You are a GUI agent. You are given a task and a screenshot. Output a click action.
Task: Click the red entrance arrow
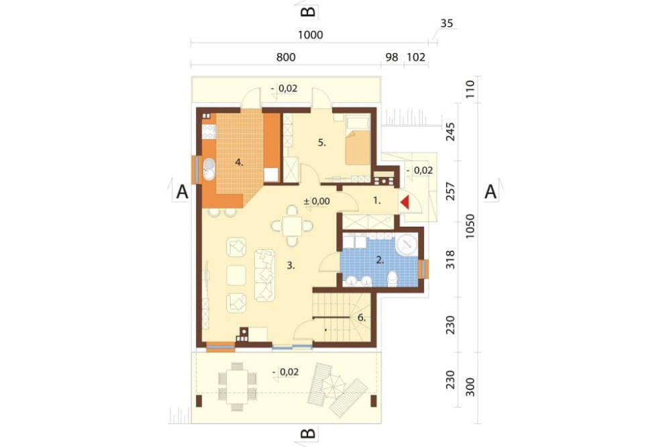pyautogui.click(x=405, y=202)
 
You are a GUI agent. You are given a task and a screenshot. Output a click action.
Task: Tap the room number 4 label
pyautogui.click(x=240, y=162)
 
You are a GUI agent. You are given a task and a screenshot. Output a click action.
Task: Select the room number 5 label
pyautogui.click(x=322, y=143)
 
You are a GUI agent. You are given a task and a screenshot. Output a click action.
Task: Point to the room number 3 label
pyautogui.click(x=291, y=266)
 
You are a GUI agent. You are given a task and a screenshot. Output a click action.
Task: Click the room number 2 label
pyautogui.click(x=380, y=260)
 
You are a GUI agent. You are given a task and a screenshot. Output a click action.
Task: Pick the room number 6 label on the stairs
pyautogui.click(x=362, y=317)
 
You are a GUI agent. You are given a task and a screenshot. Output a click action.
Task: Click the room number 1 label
pyautogui.click(x=377, y=200)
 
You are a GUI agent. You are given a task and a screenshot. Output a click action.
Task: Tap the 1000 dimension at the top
pyautogui.click(x=310, y=35)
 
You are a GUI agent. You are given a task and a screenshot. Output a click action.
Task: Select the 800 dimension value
pyautogui.click(x=286, y=57)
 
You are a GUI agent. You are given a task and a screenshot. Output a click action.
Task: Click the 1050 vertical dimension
pyautogui.click(x=470, y=226)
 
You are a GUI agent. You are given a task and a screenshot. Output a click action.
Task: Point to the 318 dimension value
pyautogui.click(x=450, y=260)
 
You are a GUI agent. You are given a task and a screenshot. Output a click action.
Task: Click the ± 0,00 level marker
pyautogui.click(x=317, y=201)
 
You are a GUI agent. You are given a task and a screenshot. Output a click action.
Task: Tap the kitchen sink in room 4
pyautogui.click(x=209, y=168)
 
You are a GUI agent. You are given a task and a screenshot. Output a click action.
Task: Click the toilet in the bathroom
pyautogui.click(x=392, y=279)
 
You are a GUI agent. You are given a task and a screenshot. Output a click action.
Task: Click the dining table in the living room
pyautogui.click(x=292, y=226)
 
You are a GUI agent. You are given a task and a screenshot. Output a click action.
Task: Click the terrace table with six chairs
pyautogui.click(x=237, y=386)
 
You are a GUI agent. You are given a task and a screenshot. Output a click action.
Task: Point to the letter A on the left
pyautogui.click(x=182, y=192)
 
